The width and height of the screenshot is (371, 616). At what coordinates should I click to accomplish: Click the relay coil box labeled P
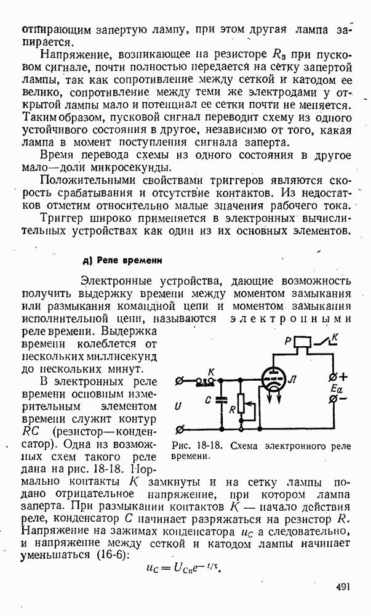coord(303,342)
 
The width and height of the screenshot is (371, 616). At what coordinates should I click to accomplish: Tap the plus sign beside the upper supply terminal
coord(343,376)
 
